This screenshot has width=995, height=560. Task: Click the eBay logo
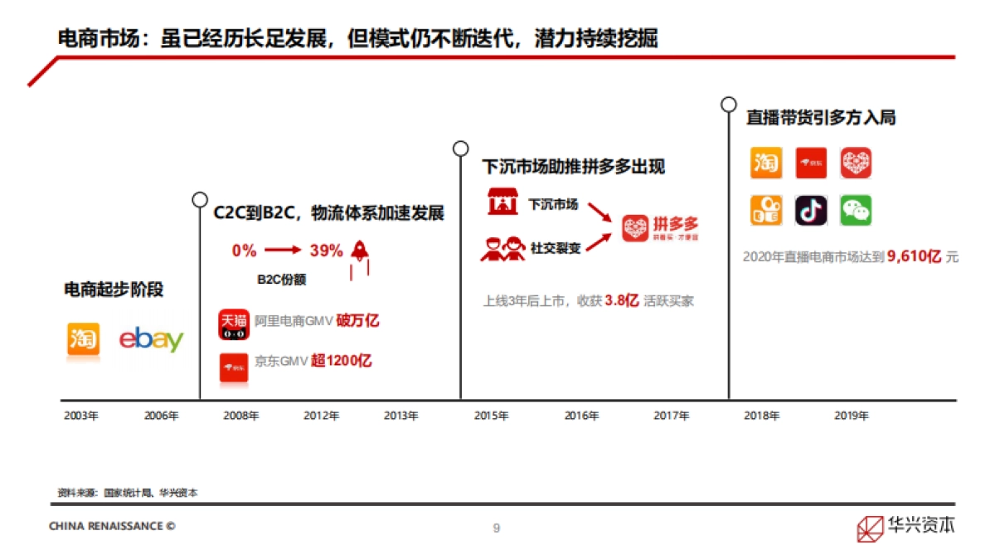(x=151, y=340)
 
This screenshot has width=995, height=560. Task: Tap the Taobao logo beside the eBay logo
(x=83, y=340)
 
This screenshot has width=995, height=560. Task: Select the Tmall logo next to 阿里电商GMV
(x=234, y=324)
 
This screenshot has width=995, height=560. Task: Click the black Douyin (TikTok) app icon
(x=811, y=211)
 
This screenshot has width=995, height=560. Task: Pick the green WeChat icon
(x=856, y=211)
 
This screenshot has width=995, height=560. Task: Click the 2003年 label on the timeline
(x=80, y=416)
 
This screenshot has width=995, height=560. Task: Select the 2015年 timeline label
(x=491, y=416)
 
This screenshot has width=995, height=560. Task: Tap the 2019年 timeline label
(x=851, y=416)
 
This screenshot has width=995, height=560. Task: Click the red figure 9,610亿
(x=914, y=257)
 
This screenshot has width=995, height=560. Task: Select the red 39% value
(x=326, y=251)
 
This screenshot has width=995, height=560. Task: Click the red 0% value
(x=245, y=251)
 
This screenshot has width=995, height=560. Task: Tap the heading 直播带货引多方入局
(x=820, y=118)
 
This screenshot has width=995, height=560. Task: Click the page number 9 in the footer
(x=497, y=528)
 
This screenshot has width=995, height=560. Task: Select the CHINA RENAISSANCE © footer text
(x=112, y=526)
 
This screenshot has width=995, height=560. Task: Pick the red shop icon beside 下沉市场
(x=501, y=203)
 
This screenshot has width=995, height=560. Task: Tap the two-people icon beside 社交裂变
(x=503, y=248)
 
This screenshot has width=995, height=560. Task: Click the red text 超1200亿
(x=342, y=361)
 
